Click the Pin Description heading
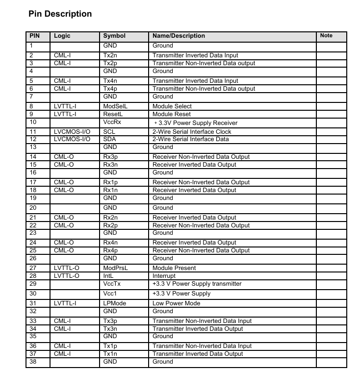point(60,14)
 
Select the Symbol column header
point(114,36)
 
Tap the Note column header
point(326,36)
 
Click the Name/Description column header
point(179,36)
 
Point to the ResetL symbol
point(113,114)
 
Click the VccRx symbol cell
point(112,122)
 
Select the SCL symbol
point(109,132)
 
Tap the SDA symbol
point(109,139)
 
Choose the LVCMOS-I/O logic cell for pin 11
point(72,132)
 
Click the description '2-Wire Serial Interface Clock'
point(192,132)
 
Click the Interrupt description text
point(164,276)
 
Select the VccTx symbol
point(111,284)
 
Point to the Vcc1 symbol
point(110,294)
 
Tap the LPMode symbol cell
point(115,303)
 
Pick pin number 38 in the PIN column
point(33,362)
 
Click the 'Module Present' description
point(174,268)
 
